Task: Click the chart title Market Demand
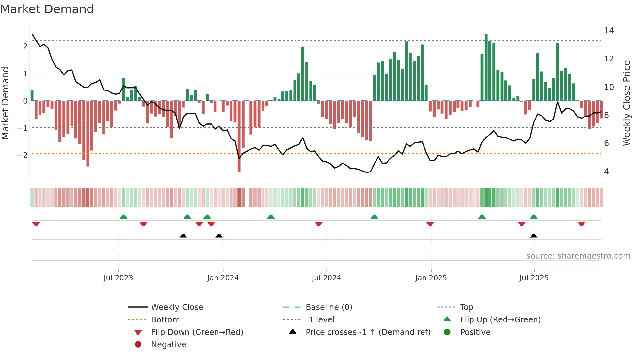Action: click(47, 9)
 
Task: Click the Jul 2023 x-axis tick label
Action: click(118, 278)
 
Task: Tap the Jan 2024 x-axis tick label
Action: click(223, 278)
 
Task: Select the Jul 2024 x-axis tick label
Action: click(326, 278)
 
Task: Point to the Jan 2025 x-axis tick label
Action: click(431, 278)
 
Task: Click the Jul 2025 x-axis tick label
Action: click(534, 278)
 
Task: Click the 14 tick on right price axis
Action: click(609, 31)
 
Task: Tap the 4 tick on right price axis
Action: click(606, 172)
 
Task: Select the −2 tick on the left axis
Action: click(22, 155)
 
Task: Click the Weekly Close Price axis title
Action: click(626, 103)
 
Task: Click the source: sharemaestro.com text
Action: click(578, 256)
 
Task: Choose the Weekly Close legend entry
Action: click(177, 307)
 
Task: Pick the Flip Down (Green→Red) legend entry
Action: click(197, 332)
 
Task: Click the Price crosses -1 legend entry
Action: click(368, 332)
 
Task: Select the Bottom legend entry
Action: click(165, 320)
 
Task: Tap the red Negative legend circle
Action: click(138, 345)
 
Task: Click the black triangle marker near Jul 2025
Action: click(534, 236)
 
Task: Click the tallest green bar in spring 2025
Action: click(486, 67)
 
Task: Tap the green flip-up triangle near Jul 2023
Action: click(123, 217)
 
